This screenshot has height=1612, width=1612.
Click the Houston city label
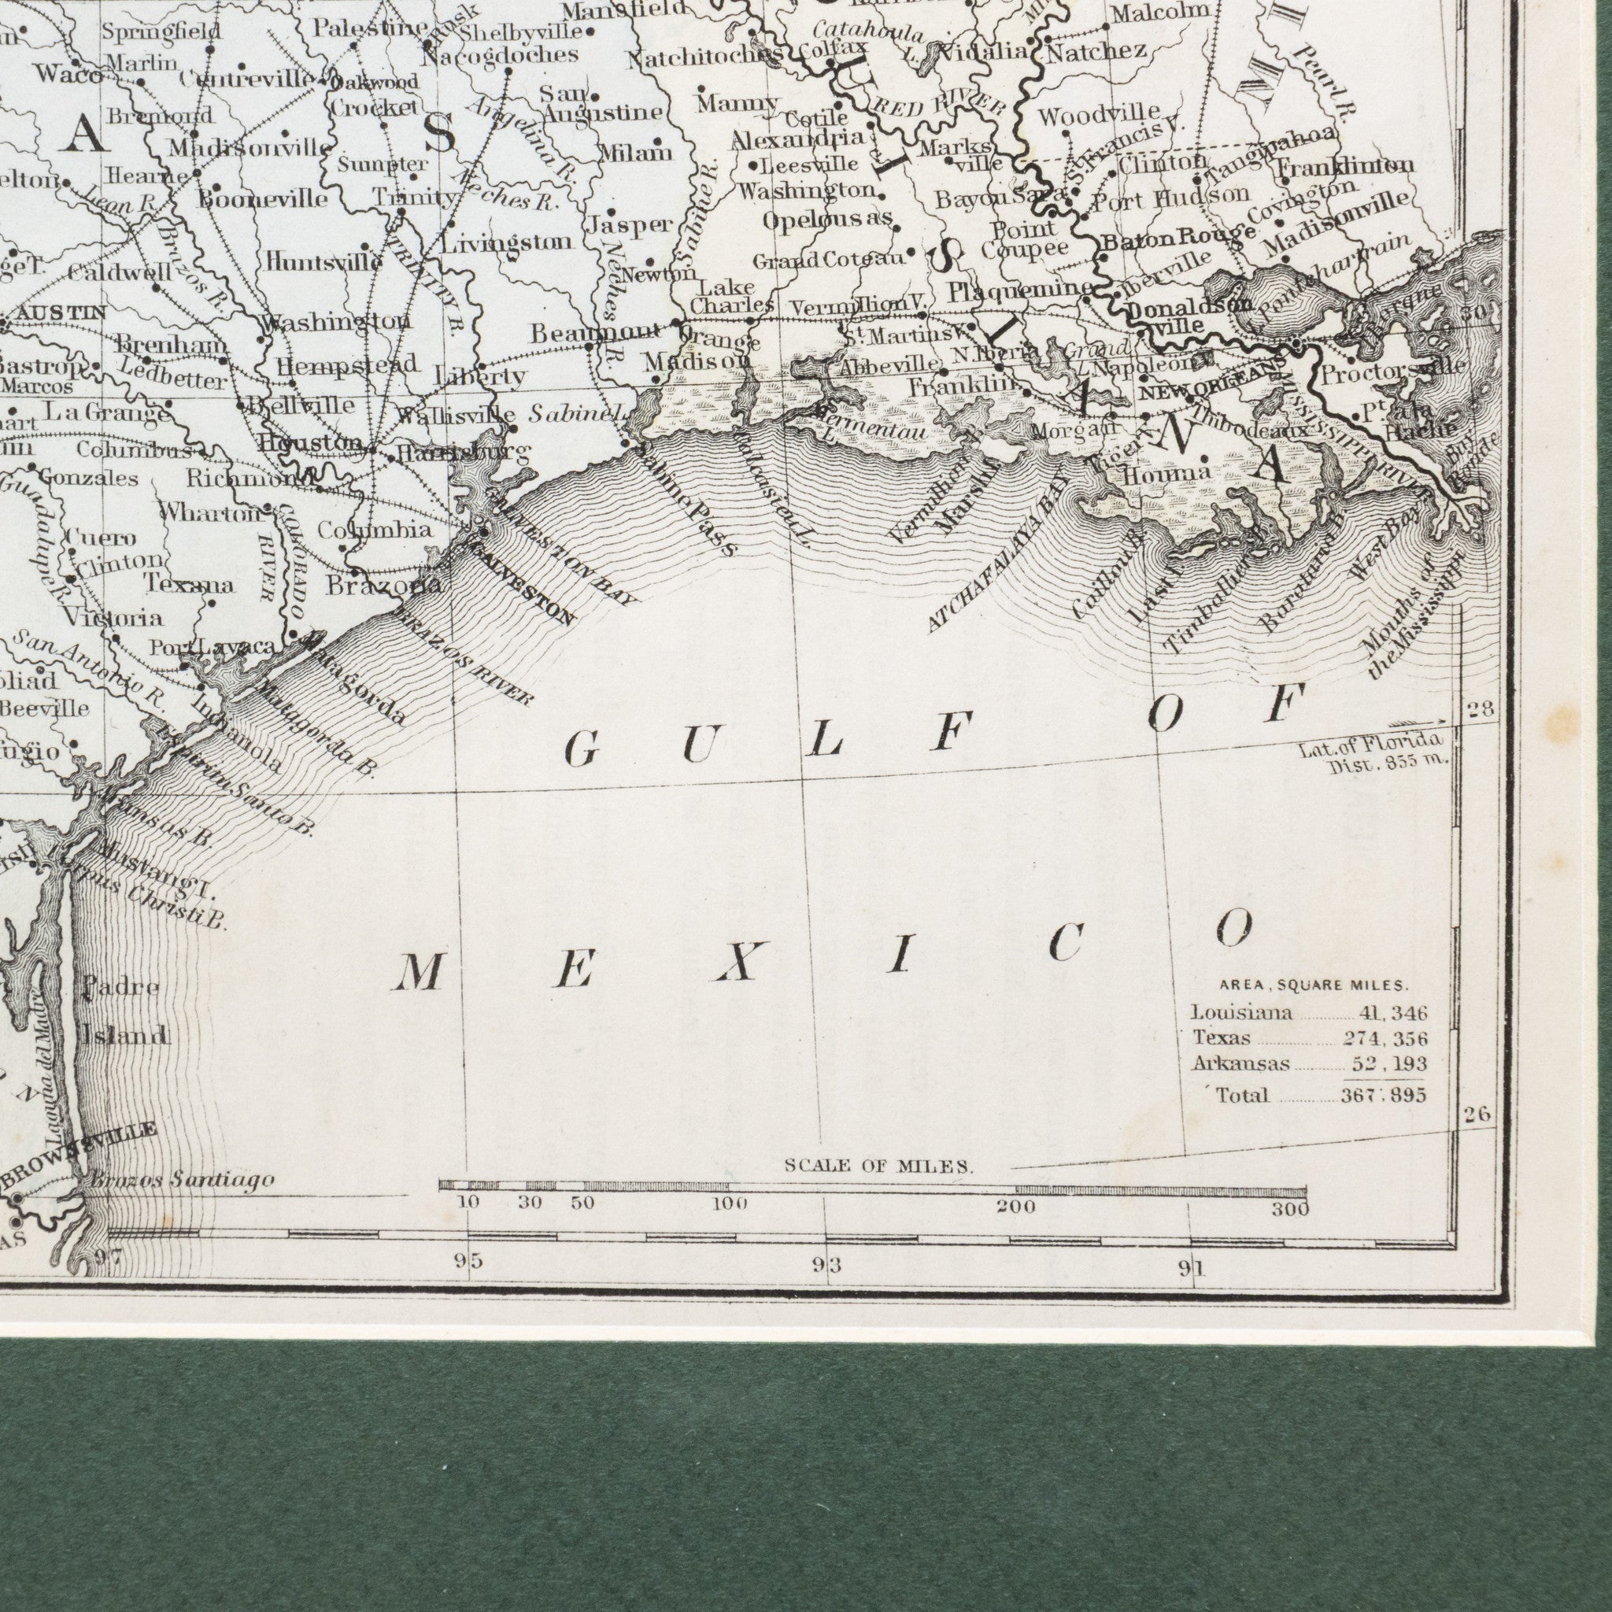310,442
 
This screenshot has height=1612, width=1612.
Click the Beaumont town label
594,334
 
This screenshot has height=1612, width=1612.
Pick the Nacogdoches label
499,56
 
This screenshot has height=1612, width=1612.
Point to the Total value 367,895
1384,1096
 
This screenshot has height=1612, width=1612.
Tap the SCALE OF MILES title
878,1166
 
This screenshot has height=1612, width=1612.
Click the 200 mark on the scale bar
1015,1207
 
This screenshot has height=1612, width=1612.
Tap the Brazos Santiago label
180,1181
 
